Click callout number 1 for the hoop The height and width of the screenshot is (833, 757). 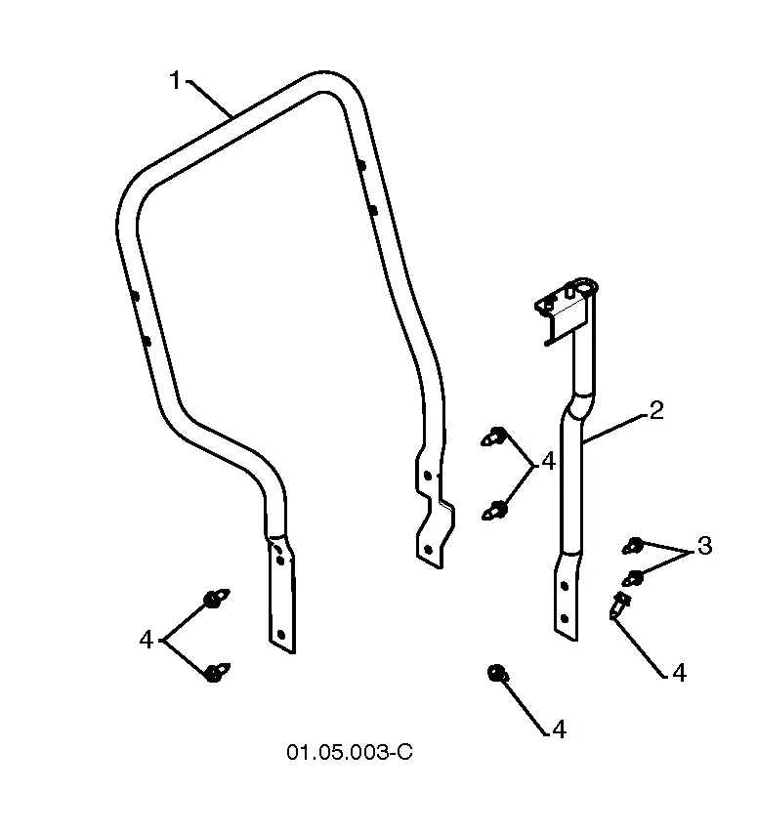[175, 81]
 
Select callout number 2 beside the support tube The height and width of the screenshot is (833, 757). [656, 411]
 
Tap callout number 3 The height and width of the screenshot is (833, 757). [704, 546]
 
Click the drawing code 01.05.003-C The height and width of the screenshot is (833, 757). [350, 752]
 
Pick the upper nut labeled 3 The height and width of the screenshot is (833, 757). [633, 546]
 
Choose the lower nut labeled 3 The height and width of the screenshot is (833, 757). [633, 578]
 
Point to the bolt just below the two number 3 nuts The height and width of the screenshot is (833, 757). [619, 605]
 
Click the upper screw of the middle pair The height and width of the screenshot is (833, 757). [494, 437]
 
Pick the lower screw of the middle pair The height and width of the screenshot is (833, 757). [494, 511]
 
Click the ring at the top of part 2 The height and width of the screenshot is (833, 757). [585, 286]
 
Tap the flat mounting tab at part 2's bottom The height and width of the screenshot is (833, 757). [567, 598]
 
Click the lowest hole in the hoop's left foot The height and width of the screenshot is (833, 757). [281, 635]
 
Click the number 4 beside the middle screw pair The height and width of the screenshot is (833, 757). [548, 461]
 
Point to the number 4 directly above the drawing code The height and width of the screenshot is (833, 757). [559, 729]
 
